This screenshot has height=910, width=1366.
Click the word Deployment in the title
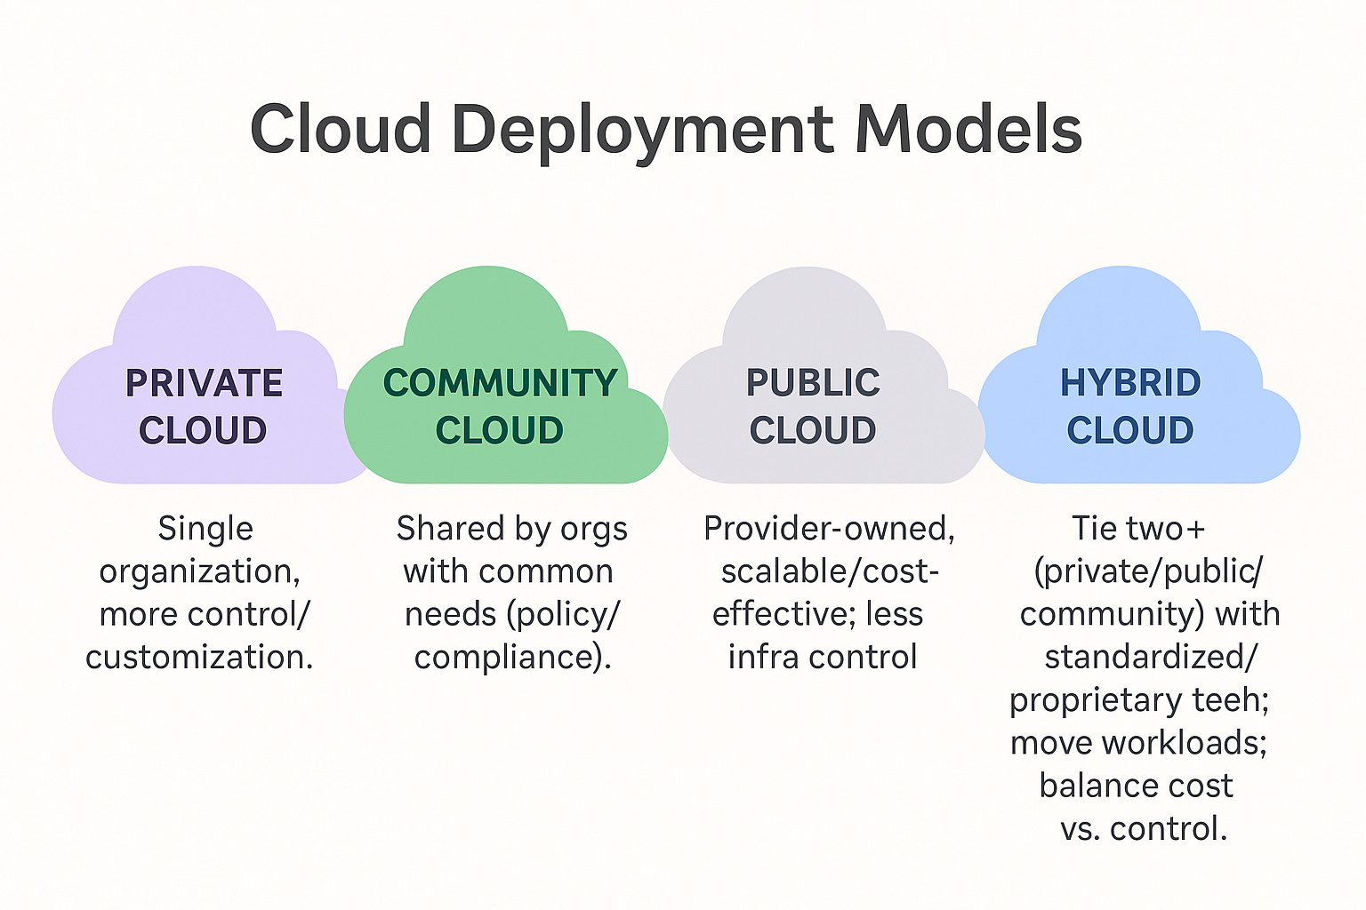[x=643, y=131]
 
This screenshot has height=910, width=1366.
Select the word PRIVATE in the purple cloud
[x=204, y=384]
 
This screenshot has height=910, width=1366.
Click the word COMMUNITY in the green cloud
[x=500, y=384]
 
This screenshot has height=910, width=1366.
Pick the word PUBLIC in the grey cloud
[x=813, y=384]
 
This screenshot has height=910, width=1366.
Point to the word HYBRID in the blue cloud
[x=1129, y=384]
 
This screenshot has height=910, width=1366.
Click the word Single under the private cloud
[x=205, y=529]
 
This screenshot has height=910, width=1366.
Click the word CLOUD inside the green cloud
[x=500, y=431]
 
